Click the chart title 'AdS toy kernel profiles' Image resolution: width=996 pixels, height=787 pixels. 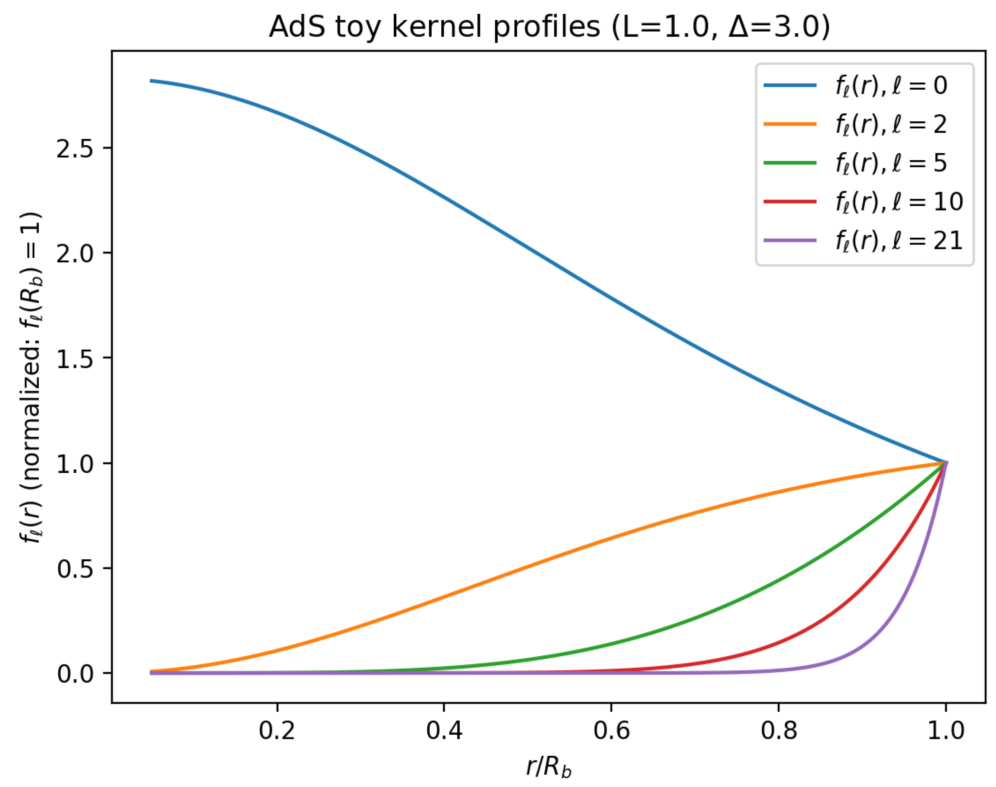tap(549, 27)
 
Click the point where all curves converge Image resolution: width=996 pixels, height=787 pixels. tap(945, 463)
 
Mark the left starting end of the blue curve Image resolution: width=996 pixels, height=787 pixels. tap(151, 81)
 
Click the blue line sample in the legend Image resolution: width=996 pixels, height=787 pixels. tap(789, 85)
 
